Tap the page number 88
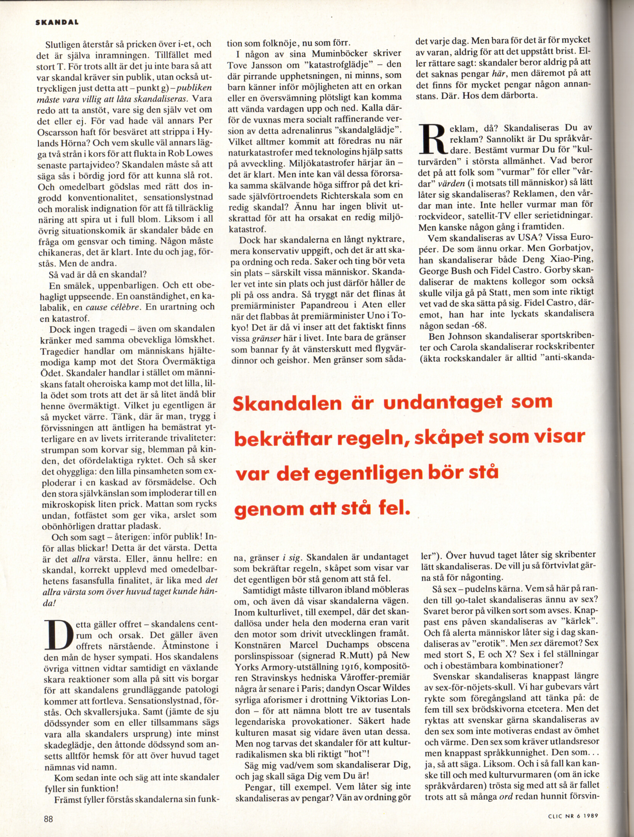pyautogui.click(x=48, y=819)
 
